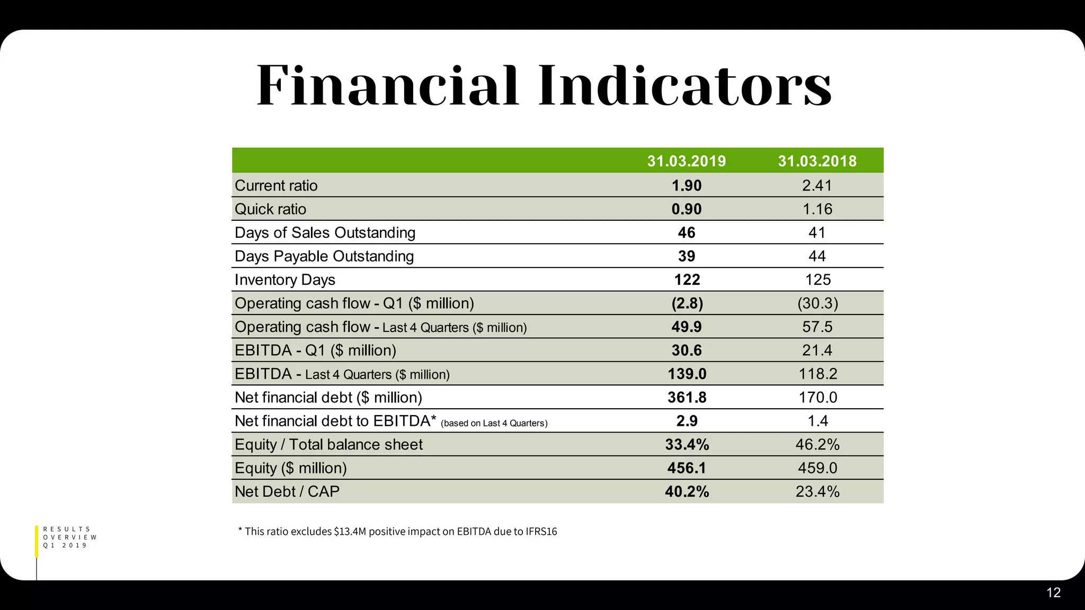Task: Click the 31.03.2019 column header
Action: (x=687, y=161)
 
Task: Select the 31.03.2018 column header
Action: (x=817, y=161)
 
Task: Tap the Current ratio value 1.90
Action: (x=687, y=185)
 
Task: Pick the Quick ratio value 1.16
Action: (x=817, y=209)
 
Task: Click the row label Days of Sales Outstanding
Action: (x=325, y=232)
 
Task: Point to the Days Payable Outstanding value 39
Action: (x=687, y=256)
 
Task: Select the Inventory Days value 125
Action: (x=817, y=280)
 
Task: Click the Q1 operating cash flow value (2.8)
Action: (x=687, y=303)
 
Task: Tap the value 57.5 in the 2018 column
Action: (x=817, y=327)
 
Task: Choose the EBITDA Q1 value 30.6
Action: (x=687, y=351)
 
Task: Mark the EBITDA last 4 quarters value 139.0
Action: (x=687, y=374)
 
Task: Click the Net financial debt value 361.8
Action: (x=687, y=398)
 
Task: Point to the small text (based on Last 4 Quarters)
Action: (x=494, y=423)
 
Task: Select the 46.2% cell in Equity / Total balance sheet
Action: (x=817, y=444)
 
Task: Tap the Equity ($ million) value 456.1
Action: (x=687, y=468)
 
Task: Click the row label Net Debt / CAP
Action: (x=287, y=491)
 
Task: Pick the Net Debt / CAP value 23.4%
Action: (x=817, y=492)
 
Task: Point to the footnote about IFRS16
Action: (x=398, y=531)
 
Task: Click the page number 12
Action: (x=1053, y=593)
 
